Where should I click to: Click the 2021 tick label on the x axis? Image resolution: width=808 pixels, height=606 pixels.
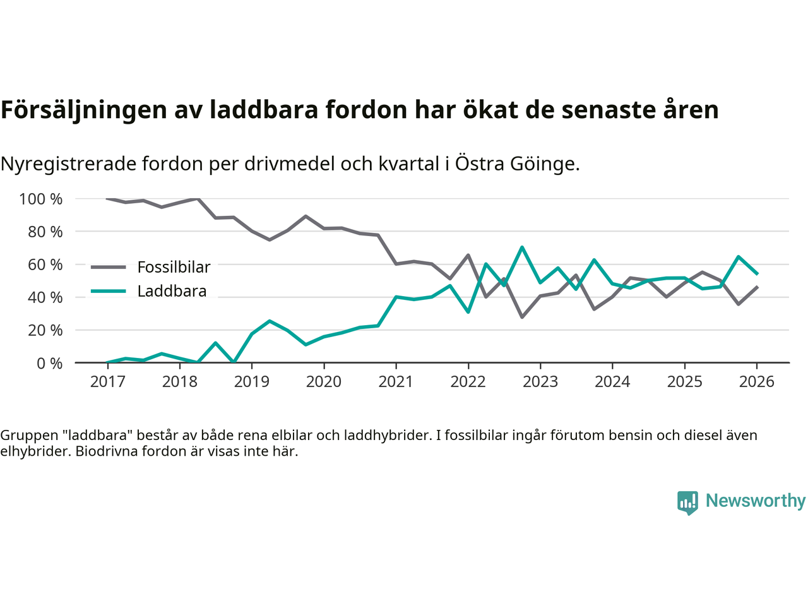pos(396,382)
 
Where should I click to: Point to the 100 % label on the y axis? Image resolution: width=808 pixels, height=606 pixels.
pos(41,199)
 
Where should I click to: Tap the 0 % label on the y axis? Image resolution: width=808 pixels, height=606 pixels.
pos(49,364)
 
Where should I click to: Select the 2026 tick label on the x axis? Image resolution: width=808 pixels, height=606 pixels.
pos(756,382)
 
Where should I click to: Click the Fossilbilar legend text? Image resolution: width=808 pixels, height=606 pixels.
pos(174,267)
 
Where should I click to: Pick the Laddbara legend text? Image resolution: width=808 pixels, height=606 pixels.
pos(172,291)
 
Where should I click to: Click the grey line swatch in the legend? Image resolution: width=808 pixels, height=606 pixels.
pos(109,267)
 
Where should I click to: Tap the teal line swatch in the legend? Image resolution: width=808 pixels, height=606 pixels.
pos(109,291)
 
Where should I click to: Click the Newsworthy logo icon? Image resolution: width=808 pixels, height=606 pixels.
pos(687,502)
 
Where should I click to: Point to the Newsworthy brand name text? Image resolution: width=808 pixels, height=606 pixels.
pos(756,501)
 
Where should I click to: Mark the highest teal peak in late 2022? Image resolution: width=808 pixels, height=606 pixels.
pos(522,247)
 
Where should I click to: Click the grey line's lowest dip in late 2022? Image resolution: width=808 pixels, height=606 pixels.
pos(522,317)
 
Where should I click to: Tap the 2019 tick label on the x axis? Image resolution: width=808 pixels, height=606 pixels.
pos(252,382)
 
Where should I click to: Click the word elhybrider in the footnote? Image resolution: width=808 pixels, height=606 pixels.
pos(30,451)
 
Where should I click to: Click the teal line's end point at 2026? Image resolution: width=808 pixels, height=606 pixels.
pos(757,274)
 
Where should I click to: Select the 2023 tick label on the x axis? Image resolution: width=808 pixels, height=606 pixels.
pos(540,382)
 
